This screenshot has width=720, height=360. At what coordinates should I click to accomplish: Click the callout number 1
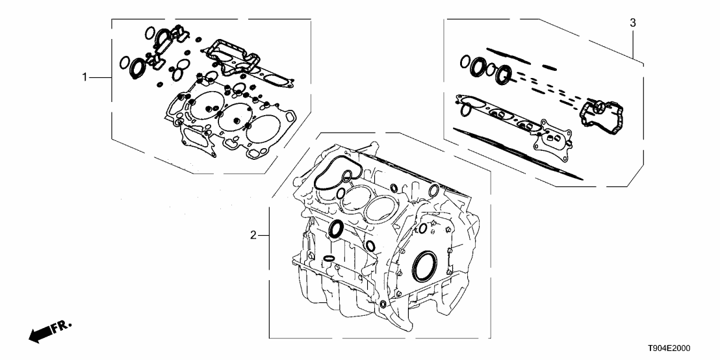tap(84, 77)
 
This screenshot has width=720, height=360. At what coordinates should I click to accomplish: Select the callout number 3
tap(633, 23)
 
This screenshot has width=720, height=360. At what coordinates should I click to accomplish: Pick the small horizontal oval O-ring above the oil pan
tap(329, 259)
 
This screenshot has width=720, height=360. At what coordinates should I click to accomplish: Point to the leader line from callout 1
tap(100, 77)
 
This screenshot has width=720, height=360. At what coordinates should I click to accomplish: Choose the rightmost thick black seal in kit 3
tap(504, 75)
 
